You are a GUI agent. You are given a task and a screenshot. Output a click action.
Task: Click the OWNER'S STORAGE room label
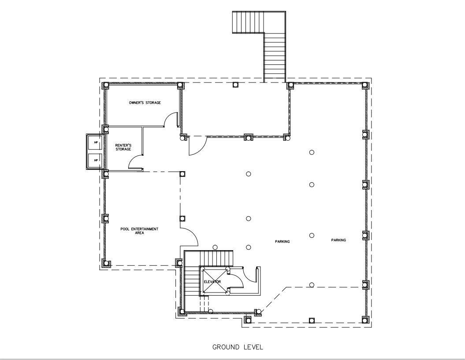click(145, 103)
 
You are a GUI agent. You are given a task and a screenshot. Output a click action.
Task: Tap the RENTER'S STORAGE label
click(123, 147)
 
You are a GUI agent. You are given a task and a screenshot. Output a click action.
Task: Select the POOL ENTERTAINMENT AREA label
click(139, 231)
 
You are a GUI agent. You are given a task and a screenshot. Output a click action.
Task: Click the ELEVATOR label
click(212, 281)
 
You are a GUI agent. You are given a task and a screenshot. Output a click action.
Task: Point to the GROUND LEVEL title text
click(238, 347)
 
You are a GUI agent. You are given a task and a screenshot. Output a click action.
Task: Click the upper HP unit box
click(95, 143)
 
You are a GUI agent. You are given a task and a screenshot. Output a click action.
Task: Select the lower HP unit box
click(95, 161)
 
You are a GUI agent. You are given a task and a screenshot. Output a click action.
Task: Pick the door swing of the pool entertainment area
click(193, 233)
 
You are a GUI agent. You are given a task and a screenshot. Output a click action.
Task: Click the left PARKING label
click(282, 242)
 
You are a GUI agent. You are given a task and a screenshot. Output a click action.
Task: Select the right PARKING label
click(339, 240)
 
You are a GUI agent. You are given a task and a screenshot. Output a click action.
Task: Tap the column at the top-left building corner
click(106, 86)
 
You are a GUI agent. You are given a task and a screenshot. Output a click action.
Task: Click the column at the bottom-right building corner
click(365, 320)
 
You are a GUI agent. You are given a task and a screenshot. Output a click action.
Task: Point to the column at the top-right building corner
click(365, 86)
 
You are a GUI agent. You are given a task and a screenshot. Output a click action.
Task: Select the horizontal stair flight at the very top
click(248, 22)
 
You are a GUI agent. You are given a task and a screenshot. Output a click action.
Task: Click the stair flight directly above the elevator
click(216, 258)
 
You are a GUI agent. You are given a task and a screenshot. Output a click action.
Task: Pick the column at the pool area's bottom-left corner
click(106, 263)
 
